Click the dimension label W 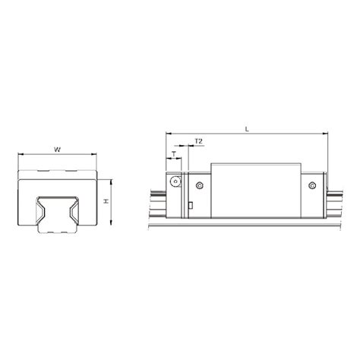pyautogui.click(x=58, y=149)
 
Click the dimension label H pyautogui.click(x=106, y=202)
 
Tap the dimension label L pyautogui.click(x=248, y=129)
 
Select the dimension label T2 pyautogui.click(x=198, y=141)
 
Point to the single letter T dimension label pyautogui.click(x=175, y=153)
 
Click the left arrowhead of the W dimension pyautogui.click(x=19, y=156)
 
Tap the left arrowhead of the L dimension pyautogui.click(x=167, y=135)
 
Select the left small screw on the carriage pyautogui.click(x=200, y=185)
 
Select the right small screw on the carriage pyautogui.click(x=311, y=185)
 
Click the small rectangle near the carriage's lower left pyautogui.click(x=191, y=204)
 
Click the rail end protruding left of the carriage pyautogui.click(x=157, y=201)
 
